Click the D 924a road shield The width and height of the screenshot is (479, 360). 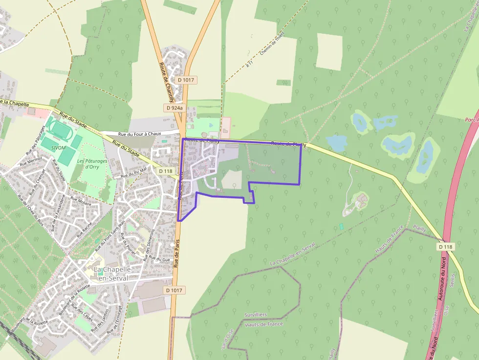(x=174, y=108)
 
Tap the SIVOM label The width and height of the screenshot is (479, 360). (x=58, y=147)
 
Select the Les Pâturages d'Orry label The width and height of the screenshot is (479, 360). (x=88, y=163)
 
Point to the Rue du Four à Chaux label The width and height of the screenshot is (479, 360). (x=140, y=134)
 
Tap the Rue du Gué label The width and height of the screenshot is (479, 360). (x=159, y=258)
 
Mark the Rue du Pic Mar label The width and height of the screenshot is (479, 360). (x=133, y=173)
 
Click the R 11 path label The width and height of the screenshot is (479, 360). (x=250, y=64)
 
